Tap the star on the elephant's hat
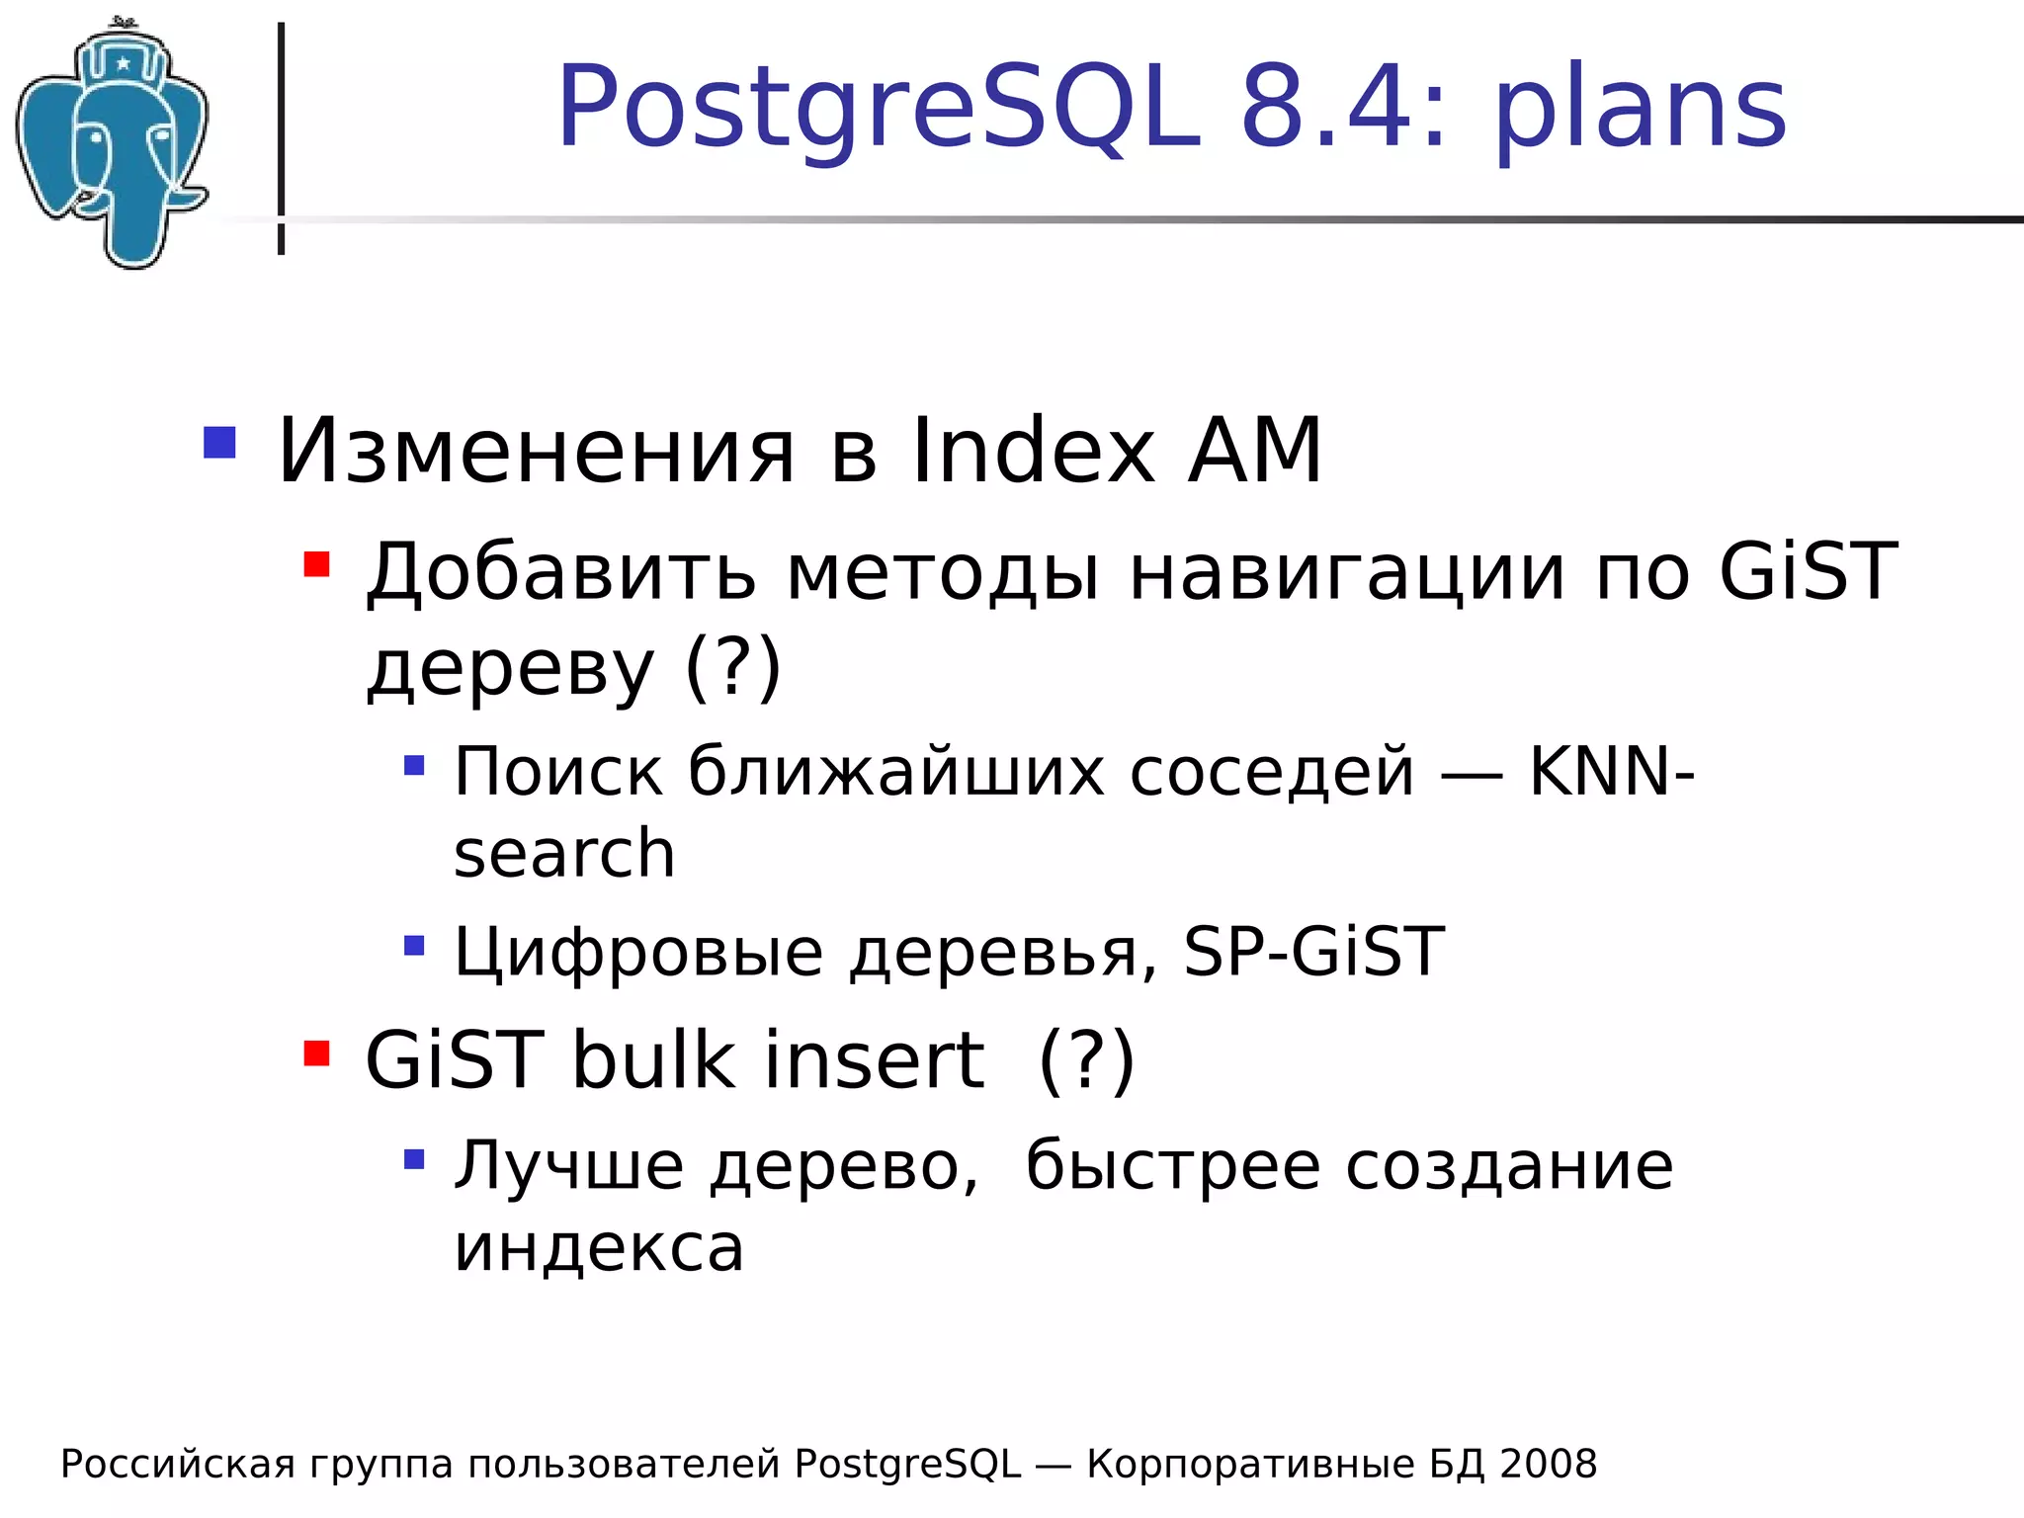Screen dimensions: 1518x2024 [123, 64]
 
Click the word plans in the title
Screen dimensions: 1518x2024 [1641, 109]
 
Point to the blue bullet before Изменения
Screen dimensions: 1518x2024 [219, 443]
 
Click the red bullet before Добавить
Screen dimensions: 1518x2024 [316, 564]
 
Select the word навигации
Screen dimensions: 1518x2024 [1347, 573]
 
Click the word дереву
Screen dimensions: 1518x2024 [510, 668]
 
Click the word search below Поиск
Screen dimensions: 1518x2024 [564, 853]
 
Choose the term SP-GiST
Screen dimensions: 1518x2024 [1314, 952]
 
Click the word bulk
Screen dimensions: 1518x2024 [653, 1060]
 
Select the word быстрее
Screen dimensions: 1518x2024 [1172, 1166]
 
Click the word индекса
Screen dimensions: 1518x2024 [599, 1247]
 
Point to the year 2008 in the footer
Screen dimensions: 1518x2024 [1548, 1464]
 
